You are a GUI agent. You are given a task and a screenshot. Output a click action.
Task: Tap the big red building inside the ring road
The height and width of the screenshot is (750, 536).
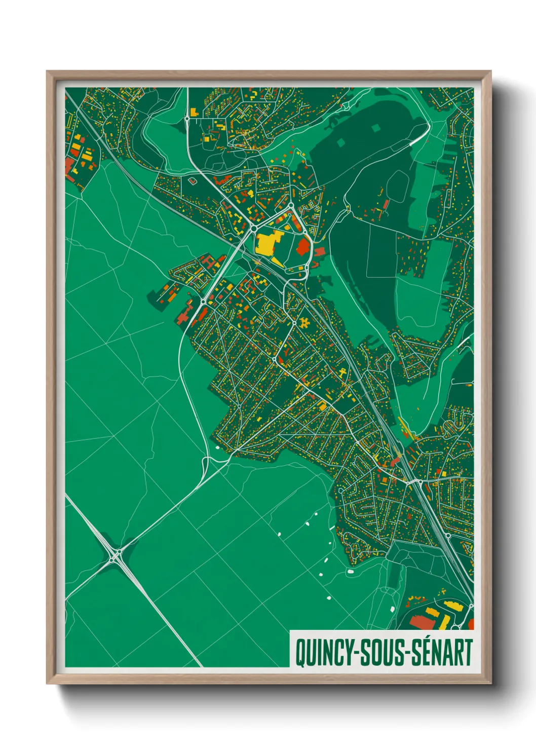(x=303, y=247)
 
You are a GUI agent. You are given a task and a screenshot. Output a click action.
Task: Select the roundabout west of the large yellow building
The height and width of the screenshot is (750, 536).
(x=253, y=229)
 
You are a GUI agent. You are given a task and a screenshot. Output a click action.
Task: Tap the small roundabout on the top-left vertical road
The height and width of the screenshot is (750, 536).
(x=187, y=119)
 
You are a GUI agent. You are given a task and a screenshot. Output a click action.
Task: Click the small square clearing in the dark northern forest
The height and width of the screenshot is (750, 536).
(x=375, y=128)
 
